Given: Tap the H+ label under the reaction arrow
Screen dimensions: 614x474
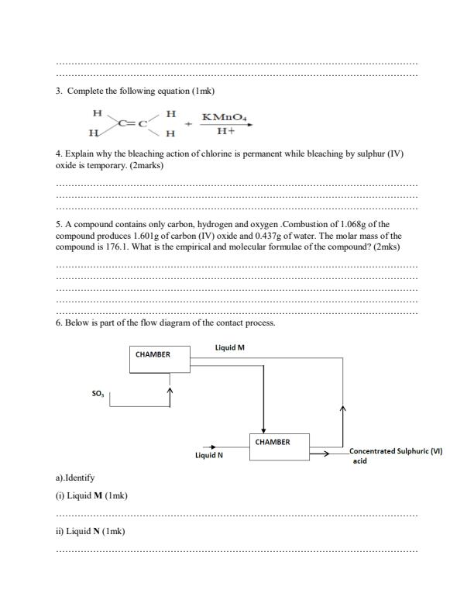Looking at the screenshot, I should pyautogui.click(x=225, y=132).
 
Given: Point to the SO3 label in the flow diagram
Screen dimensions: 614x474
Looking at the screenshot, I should pyautogui.click(x=97, y=394).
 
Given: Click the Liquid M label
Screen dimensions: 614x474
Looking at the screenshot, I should pyautogui.click(x=229, y=348).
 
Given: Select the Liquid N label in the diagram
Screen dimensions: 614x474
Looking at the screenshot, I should pyautogui.click(x=209, y=455).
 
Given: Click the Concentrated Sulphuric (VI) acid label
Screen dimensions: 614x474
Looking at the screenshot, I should pyautogui.click(x=395, y=455).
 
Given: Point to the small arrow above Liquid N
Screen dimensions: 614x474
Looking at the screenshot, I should pyautogui.click(x=208, y=447).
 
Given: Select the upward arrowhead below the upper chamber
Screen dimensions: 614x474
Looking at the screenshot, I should pyautogui.click(x=170, y=391).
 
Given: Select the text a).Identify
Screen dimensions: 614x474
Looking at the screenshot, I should pyautogui.click(x=75, y=478).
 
